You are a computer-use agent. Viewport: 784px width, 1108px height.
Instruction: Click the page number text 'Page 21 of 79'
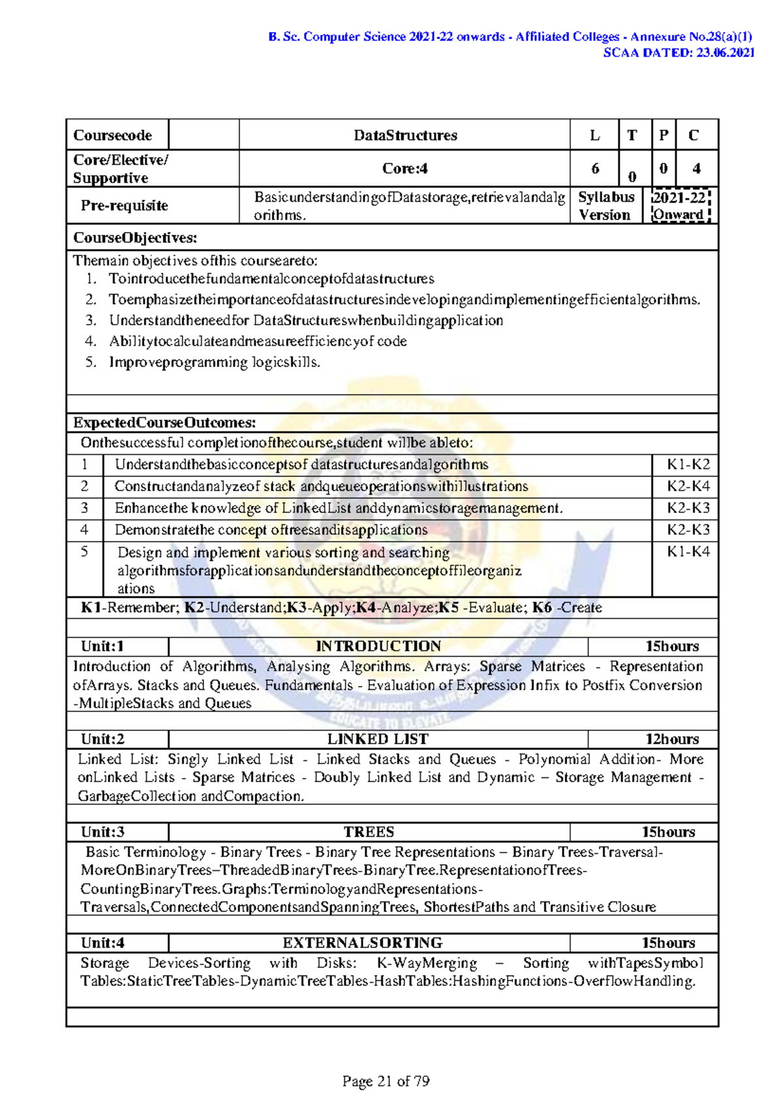click(385, 1081)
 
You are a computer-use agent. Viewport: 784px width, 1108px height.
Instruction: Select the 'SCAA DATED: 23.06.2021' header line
click(678, 53)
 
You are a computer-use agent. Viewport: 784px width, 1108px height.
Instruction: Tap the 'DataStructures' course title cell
click(405, 135)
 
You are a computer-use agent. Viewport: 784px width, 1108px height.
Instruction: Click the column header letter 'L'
click(595, 135)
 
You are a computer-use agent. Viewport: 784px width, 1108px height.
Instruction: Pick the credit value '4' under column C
click(696, 169)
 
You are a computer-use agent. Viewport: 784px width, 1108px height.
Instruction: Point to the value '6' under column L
click(595, 169)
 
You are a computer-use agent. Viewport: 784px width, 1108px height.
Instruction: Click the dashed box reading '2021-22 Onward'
click(679, 206)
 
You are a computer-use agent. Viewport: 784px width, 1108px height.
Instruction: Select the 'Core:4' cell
click(405, 169)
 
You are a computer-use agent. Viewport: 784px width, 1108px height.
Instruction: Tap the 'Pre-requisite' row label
click(124, 206)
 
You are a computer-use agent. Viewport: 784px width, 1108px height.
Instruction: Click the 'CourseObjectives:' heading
click(135, 238)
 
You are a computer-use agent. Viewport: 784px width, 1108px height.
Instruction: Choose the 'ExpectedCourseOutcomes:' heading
click(165, 423)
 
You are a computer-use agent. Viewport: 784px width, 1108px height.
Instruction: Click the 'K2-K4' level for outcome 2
click(688, 486)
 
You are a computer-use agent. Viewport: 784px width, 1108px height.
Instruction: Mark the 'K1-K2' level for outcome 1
click(688, 464)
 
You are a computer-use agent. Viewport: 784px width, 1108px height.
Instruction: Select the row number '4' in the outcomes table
click(84, 529)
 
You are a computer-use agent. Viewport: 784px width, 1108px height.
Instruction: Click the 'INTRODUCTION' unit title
click(378, 646)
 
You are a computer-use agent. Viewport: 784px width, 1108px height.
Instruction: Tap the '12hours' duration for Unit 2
click(672, 739)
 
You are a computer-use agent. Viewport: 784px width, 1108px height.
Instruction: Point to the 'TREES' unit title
click(369, 832)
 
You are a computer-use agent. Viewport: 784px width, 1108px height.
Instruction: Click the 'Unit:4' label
click(103, 943)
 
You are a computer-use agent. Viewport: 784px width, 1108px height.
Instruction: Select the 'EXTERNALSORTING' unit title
click(363, 943)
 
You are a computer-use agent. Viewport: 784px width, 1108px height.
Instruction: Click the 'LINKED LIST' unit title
click(378, 739)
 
